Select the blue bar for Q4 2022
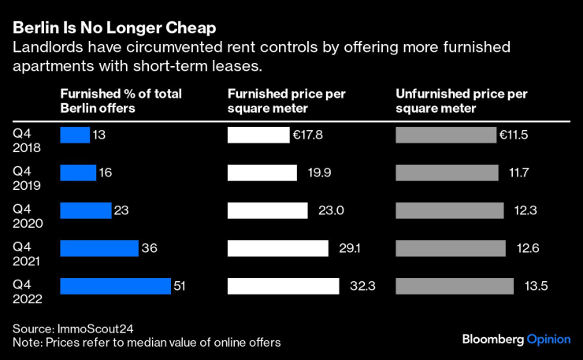[115, 286]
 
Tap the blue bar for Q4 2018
[75, 135]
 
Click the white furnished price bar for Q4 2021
[277, 248]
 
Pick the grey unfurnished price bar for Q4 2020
[449, 210]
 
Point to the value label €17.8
[307, 135]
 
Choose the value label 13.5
[536, 286]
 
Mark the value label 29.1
[351, 248]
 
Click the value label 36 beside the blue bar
[150, 248]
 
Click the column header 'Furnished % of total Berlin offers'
[121, 101]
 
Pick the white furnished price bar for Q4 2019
[262, 173]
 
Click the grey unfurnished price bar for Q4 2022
[454, 286]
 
